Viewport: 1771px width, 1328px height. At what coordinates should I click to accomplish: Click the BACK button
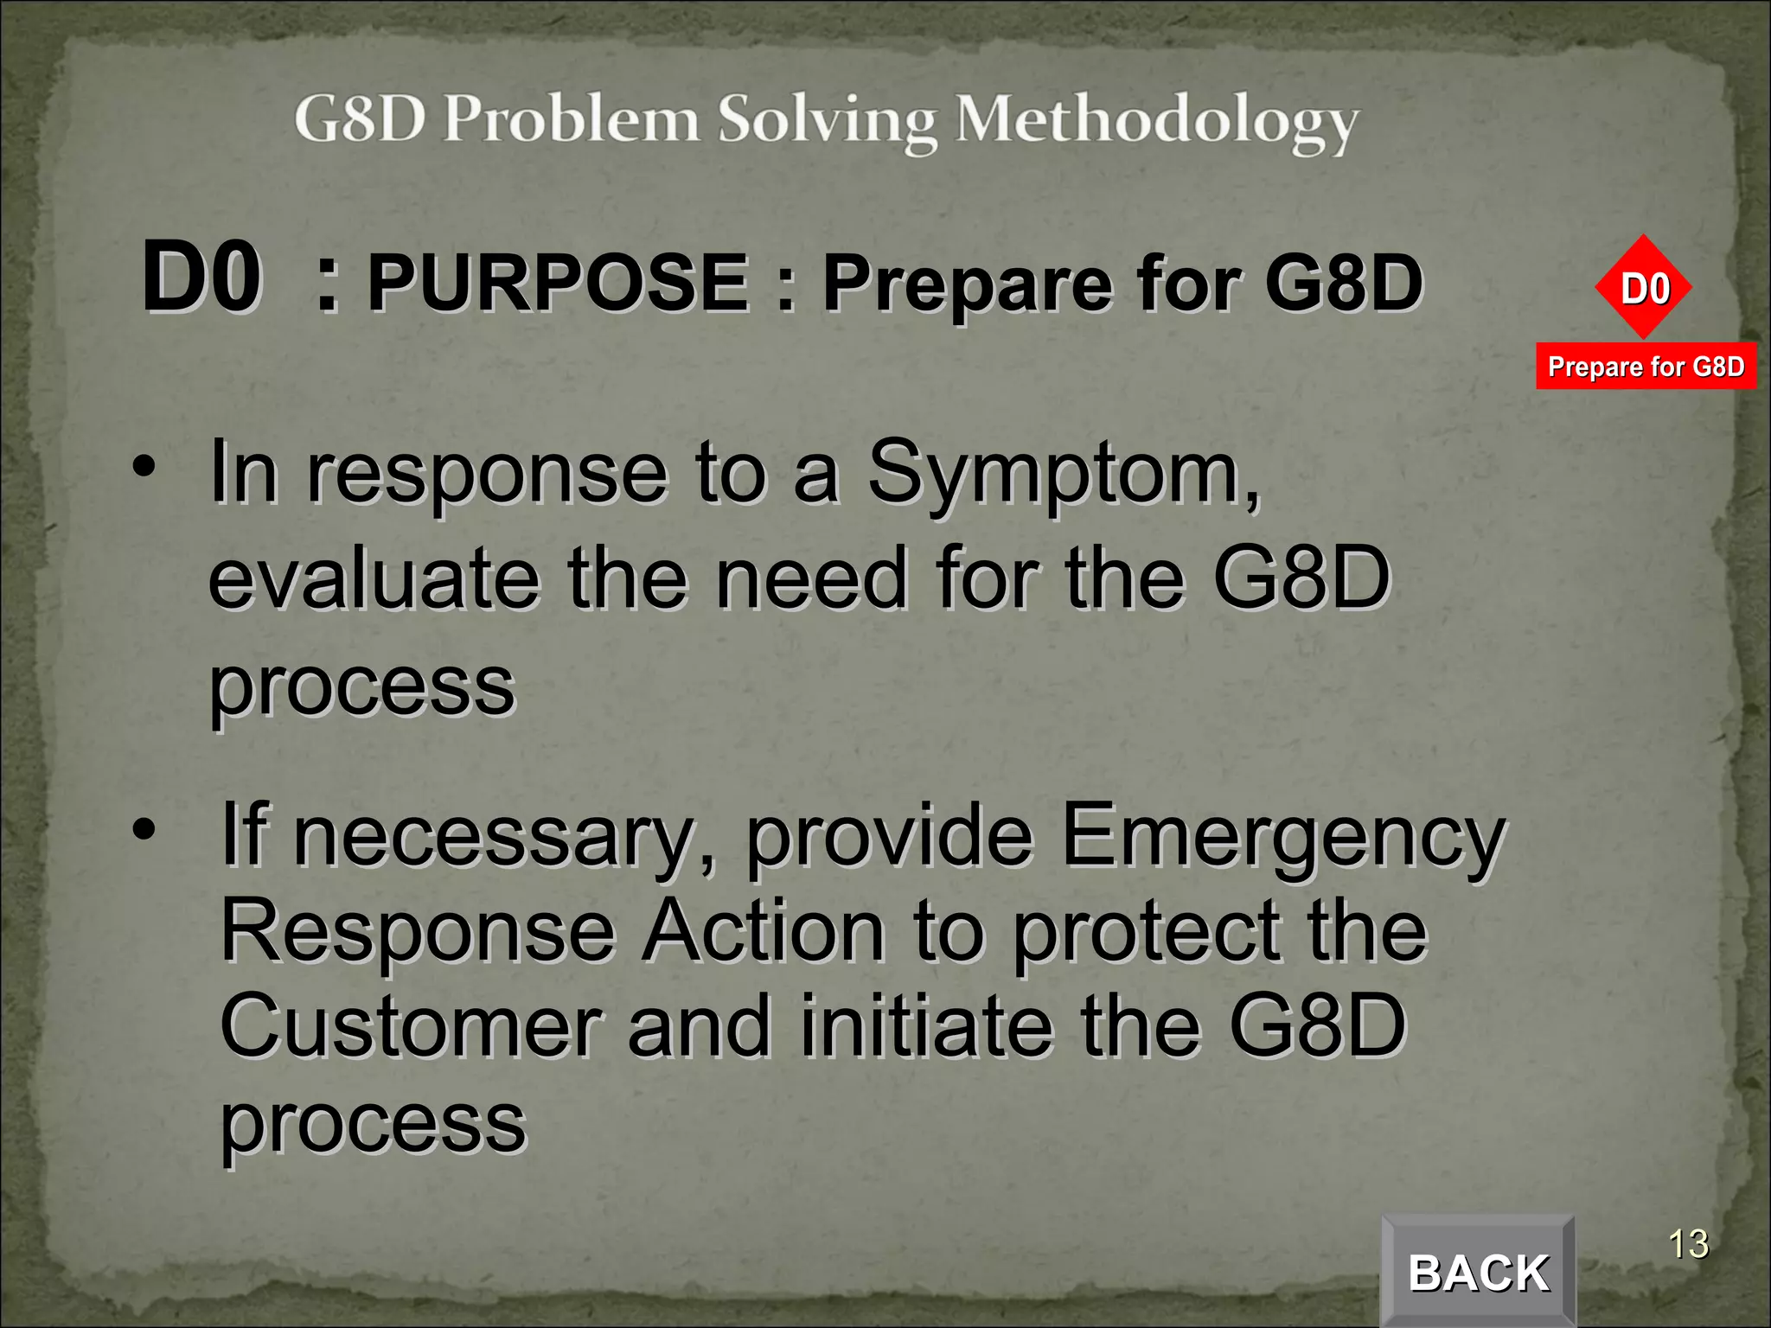1478,1272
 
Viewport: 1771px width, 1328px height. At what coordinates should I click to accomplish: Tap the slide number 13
1687,1244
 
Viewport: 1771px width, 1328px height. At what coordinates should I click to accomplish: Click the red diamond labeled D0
1644,288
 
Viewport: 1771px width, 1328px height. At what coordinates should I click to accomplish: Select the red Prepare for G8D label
1646,367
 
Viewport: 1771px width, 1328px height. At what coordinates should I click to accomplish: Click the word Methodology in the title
1157,121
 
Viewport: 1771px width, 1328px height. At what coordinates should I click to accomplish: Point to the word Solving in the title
827,121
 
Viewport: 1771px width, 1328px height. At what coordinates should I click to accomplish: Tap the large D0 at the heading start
201,278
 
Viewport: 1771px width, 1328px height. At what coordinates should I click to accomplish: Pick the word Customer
411,1026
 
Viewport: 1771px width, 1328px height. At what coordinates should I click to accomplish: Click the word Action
764,931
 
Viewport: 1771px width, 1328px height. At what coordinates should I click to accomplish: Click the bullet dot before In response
144,468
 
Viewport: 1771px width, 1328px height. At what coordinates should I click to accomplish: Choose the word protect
1146,931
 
